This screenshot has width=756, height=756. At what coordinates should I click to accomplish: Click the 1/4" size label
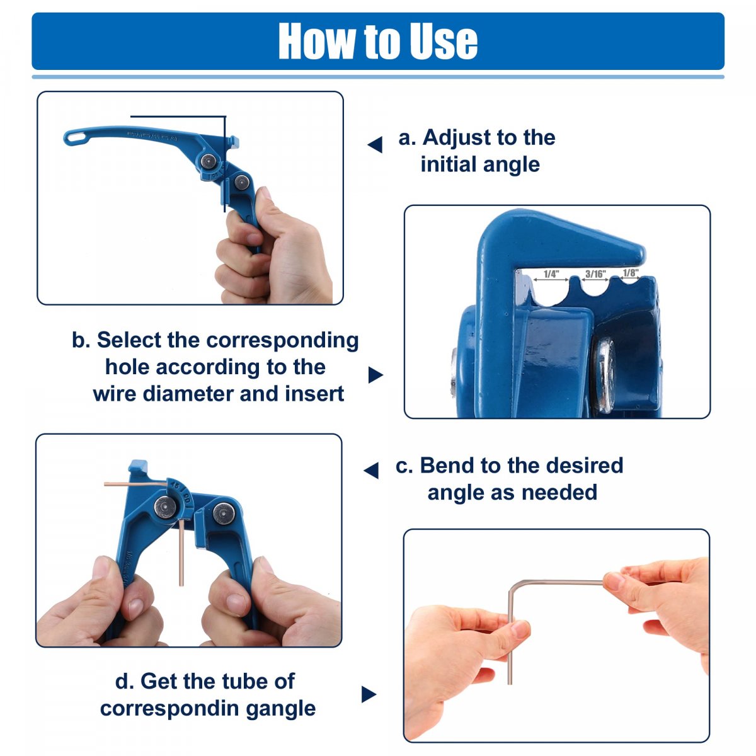point(551,274)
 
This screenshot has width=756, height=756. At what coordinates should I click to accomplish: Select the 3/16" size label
point(595,274)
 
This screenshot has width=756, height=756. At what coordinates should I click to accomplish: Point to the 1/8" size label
point(631,272)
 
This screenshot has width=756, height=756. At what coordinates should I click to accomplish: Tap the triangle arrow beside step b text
point(375,375)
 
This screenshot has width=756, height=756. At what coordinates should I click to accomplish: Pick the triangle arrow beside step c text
point(371,470)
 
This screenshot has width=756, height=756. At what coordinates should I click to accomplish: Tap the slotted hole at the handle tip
point(76,138)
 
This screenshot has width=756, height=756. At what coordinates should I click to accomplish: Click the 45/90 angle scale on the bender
point(181,493)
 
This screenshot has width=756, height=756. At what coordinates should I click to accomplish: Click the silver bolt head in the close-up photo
point(605,375)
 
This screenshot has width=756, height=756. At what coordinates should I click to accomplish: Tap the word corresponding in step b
point(282,340)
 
